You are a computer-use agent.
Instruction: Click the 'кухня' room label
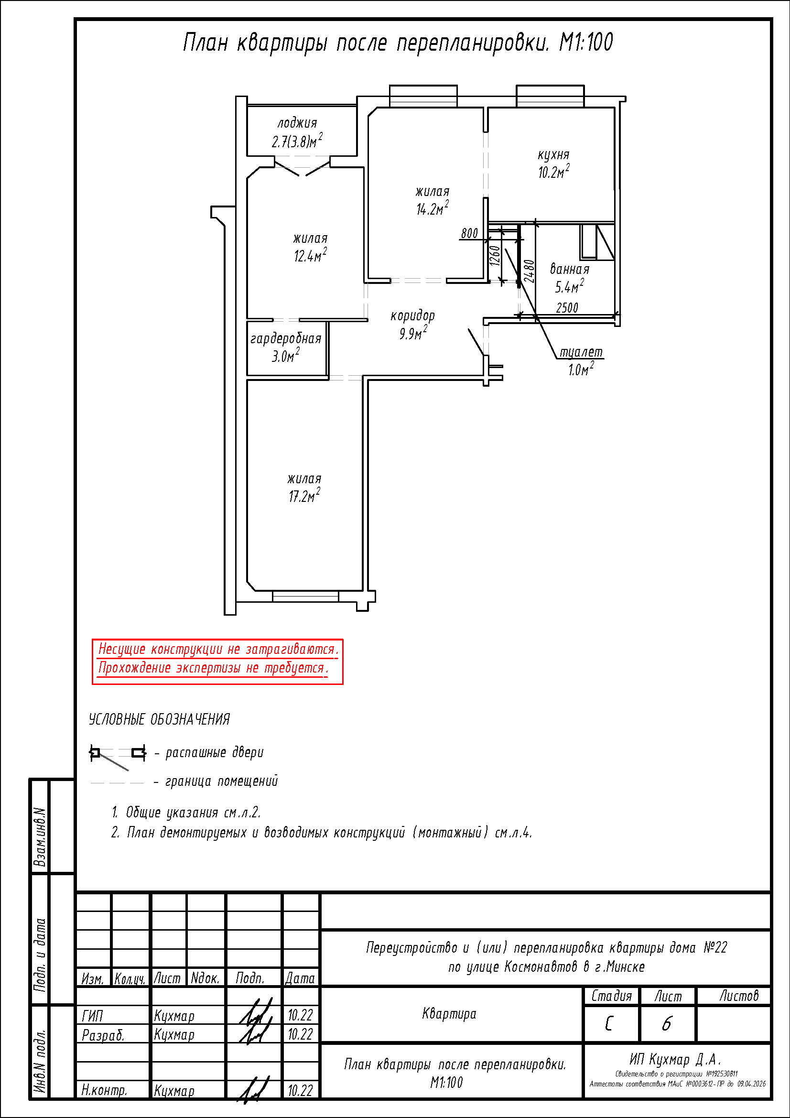553,155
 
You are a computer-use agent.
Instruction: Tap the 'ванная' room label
570,269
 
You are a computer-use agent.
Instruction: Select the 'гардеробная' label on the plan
286,339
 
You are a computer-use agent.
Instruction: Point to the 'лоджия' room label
297,123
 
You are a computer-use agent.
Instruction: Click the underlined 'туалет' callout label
581,352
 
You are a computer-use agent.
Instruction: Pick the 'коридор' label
412,316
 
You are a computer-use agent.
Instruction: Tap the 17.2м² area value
304,496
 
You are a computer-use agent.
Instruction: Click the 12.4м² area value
310,255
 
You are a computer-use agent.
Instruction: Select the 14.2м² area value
432,208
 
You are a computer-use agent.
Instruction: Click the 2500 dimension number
567,308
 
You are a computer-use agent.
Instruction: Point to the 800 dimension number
469,233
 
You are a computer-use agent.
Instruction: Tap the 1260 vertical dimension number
495,256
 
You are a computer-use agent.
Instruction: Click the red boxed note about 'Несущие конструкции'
217,662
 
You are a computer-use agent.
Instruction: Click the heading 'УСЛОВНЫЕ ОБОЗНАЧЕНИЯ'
159,719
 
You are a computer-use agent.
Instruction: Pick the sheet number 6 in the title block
666,1023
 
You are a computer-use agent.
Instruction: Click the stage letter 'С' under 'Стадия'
609,1024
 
